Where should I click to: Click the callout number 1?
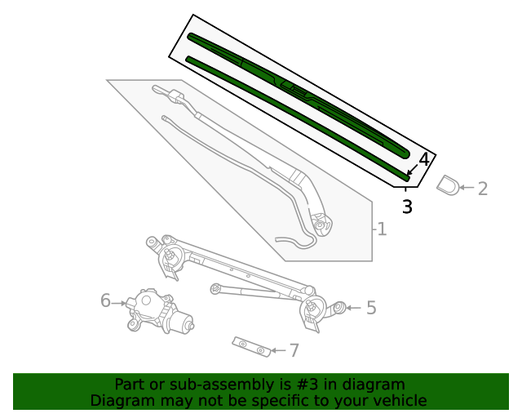382,229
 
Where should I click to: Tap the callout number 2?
483,189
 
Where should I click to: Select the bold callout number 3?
407,207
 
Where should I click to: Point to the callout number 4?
423,160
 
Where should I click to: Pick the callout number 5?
371,308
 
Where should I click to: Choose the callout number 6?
105,301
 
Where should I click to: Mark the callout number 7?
294,351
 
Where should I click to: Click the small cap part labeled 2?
448,186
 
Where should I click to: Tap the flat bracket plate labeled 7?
251,346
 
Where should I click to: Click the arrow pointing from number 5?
352,308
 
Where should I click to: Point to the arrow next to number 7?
278,351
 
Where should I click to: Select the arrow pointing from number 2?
466,189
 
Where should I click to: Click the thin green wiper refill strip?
294,114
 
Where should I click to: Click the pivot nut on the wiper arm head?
321,224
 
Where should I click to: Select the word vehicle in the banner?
399,401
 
